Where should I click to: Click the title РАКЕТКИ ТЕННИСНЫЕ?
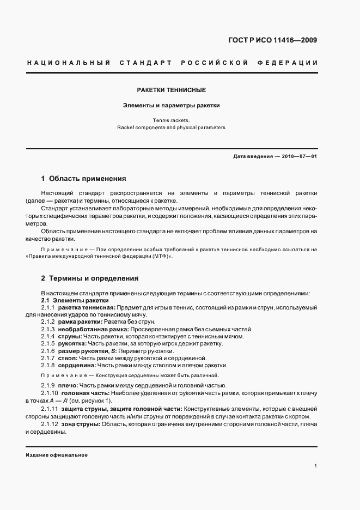[171, 90]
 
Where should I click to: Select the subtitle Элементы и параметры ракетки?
[171, 106]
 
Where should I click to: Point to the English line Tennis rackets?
[171, 120]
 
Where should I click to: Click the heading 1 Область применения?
[84, 178]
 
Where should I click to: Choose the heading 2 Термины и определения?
[90, 278]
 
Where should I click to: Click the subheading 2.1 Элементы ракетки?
[75, 301]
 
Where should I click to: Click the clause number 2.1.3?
[48, 330]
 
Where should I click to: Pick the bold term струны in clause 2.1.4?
[70, 337]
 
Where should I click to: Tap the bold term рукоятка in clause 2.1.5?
[74, 344]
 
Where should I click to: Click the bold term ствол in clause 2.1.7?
[69, 358]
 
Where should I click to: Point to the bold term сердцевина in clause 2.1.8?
[78, 366]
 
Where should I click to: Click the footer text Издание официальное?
[57, 455]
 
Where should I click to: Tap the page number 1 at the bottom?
[316, 466]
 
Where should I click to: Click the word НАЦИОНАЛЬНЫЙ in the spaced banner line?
[69, 63]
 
